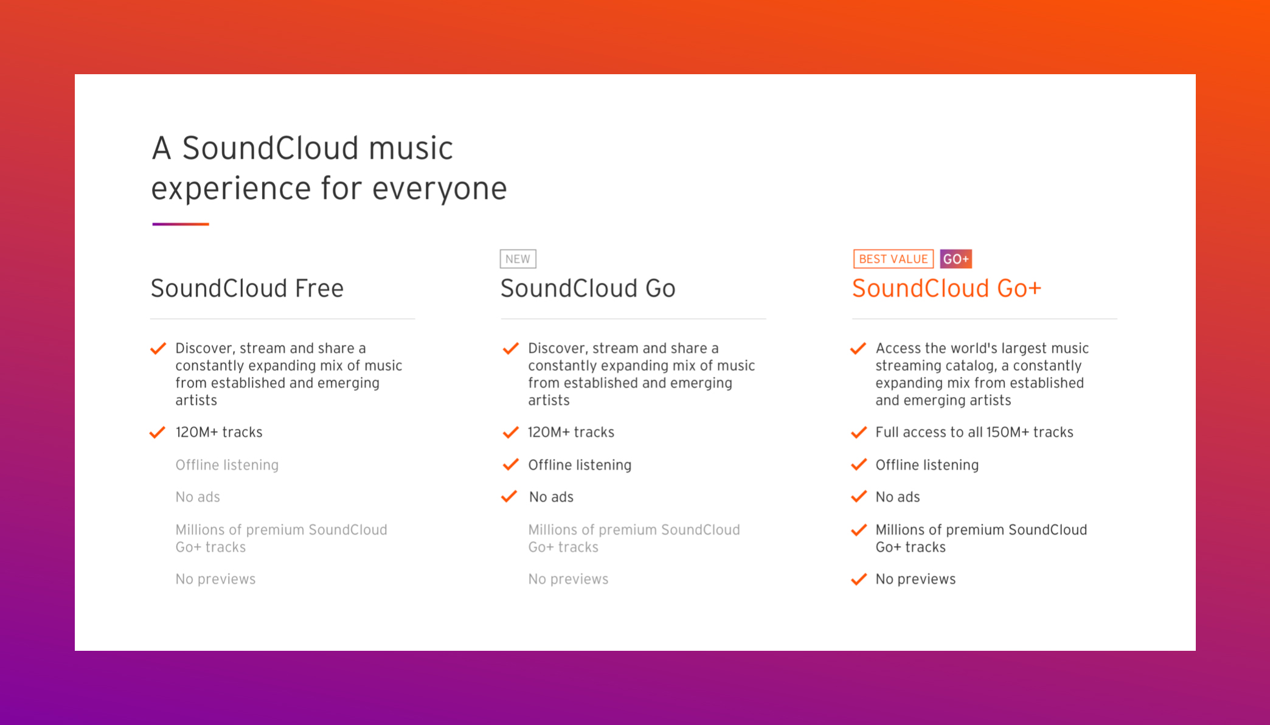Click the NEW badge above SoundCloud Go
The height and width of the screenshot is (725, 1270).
point(518,259)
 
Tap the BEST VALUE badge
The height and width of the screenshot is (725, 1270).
point(893,259)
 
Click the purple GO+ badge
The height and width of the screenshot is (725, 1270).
point(956,259)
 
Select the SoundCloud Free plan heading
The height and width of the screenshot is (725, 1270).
point(247,288)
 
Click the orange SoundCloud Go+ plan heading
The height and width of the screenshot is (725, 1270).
point(946,288)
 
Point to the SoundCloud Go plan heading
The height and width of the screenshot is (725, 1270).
point(588,288)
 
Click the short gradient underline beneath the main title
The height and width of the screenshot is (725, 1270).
point(181,224)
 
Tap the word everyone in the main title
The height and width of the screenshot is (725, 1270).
point(439,188)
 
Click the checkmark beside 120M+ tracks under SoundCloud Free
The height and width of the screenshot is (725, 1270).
point(158,432)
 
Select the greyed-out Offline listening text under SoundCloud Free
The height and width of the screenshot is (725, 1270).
point(227,465)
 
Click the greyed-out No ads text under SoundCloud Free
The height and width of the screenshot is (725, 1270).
point(198,498)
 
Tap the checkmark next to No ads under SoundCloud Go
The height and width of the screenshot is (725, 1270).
point(509,497)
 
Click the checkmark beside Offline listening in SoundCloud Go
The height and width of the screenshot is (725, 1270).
point(510,465)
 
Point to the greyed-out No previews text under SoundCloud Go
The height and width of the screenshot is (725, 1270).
point(568,580)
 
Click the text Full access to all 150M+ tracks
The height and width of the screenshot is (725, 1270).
point(974,432)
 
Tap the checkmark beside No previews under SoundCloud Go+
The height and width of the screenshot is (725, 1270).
point(859,579)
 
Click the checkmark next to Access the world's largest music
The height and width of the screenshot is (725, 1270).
point(858,349)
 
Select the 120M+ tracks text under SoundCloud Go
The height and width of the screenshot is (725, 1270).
point(571,432)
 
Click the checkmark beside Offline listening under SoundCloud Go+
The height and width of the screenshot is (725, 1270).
point(859,465)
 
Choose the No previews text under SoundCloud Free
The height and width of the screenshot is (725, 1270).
point(215,580)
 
